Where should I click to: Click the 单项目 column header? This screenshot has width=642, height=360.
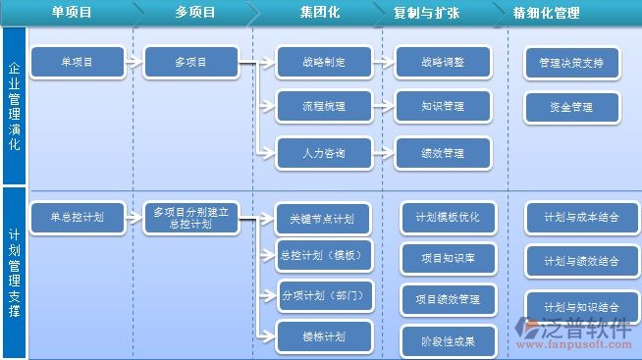[71, 13]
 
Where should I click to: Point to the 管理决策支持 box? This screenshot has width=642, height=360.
[571, 63]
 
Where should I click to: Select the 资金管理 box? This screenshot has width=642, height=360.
[571, 107]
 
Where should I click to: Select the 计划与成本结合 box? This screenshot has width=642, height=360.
[581, 217]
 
